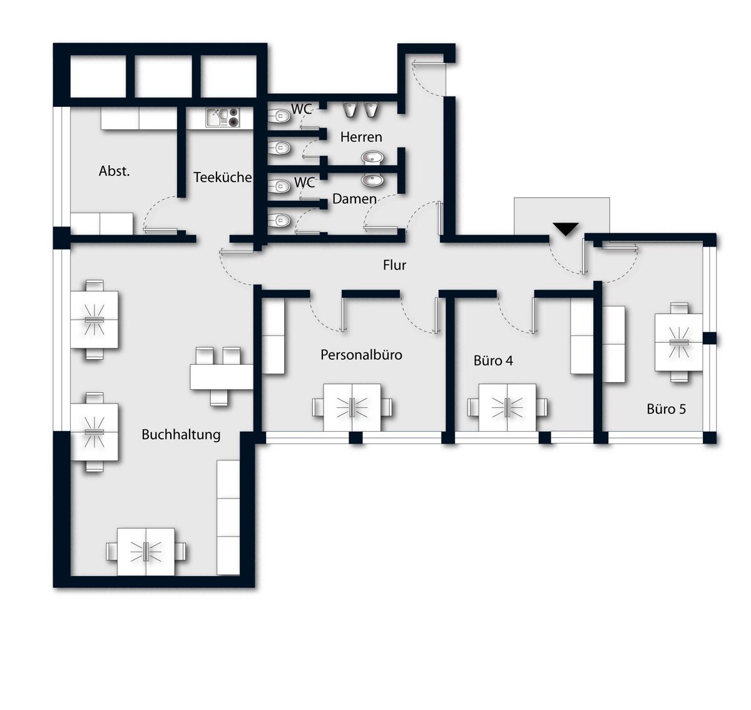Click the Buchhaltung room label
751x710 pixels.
[x=181, y=435]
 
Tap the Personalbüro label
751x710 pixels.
[x=361, y=355]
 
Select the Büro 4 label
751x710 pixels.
[x=493, y=360]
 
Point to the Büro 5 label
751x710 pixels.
[x=666, y=409]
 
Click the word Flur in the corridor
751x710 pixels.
[x=394, y=265]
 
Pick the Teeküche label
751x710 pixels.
[x=222, y=177]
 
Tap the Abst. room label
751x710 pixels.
[x=115, y=171]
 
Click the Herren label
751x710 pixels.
[x=361, y=137]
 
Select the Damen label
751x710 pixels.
[x=354, y=199]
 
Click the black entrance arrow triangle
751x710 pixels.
[x=566, y=229]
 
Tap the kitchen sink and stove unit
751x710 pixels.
[x=223, y=118]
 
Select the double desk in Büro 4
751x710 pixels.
[x=508, y=407]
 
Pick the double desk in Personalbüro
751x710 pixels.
[x=352, y=407]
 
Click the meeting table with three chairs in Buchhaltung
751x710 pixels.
[x=222, y=377]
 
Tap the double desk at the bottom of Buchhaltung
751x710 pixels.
[x=146, y=552]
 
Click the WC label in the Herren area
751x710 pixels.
[x=302, y=109]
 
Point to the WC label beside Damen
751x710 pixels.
[x=304, y=183]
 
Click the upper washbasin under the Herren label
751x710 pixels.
[x=372, y=158]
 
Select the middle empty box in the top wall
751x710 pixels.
[x=163, y=76]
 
